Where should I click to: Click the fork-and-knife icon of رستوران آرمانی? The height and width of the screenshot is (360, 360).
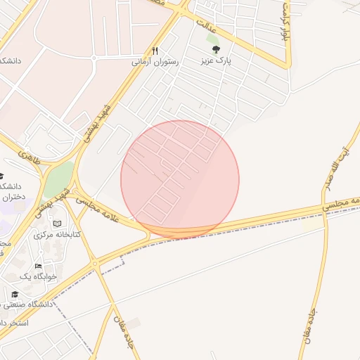(x=155, y=51)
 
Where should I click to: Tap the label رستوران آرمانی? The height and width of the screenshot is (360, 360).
(x=155, y=62)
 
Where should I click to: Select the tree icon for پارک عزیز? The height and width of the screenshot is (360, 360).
(x=215, y=50)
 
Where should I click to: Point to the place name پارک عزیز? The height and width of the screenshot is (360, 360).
(x=215, y=61)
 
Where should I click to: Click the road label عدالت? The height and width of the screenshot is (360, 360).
(x=206, y=26)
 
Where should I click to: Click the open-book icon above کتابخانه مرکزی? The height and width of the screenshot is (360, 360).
(x=57, y=224)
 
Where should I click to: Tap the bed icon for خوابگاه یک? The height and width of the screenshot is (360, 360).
(x=38, y=266)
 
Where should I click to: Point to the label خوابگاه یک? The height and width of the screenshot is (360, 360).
(x=37, y=276)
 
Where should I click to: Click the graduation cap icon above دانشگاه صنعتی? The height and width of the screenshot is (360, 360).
(x=15, y=294)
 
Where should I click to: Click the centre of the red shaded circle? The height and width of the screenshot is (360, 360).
(x=180, y=179)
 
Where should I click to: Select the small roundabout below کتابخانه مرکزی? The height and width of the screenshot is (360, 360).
(x=95, y=262)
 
